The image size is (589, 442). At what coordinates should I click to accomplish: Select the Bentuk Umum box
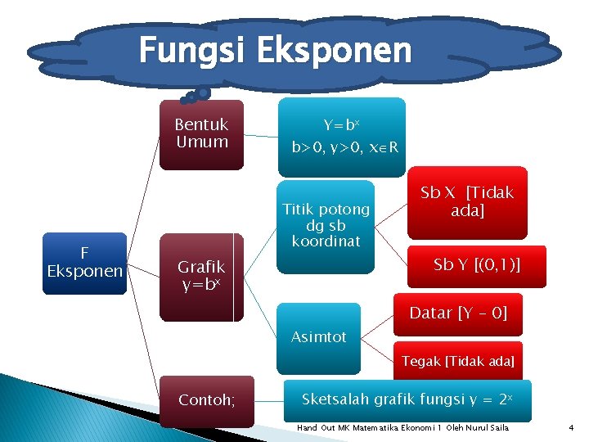coord(201,133)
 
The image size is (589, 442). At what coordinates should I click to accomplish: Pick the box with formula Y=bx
coord(341,137)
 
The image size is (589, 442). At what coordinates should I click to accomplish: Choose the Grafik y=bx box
coord(201,277)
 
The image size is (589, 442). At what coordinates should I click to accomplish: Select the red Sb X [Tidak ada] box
coord(466,201)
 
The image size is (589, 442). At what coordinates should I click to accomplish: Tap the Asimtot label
coord(319,336)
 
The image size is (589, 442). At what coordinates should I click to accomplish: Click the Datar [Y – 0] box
coord(458,313)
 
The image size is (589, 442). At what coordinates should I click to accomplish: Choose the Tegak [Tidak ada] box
coord(458,361)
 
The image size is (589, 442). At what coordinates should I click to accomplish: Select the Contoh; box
coord(207,400)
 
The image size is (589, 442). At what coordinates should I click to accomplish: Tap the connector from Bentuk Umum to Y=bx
coord(261,136)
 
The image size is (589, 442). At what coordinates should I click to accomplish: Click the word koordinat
coord(326,241)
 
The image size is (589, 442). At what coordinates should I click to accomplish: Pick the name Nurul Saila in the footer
coord(488,428)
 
